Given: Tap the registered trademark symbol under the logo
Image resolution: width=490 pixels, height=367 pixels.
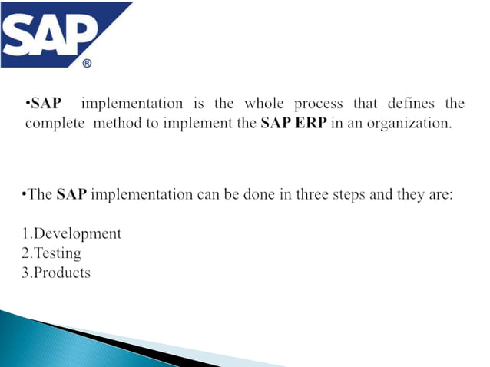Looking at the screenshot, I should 86,64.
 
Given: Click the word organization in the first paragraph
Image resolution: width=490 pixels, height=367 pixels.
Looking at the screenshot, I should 407,123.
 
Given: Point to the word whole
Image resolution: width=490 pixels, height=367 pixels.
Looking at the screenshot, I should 265,104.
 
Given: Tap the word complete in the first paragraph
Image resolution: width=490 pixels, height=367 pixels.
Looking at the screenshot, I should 55,123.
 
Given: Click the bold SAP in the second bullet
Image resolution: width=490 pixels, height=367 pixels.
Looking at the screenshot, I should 73,194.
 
